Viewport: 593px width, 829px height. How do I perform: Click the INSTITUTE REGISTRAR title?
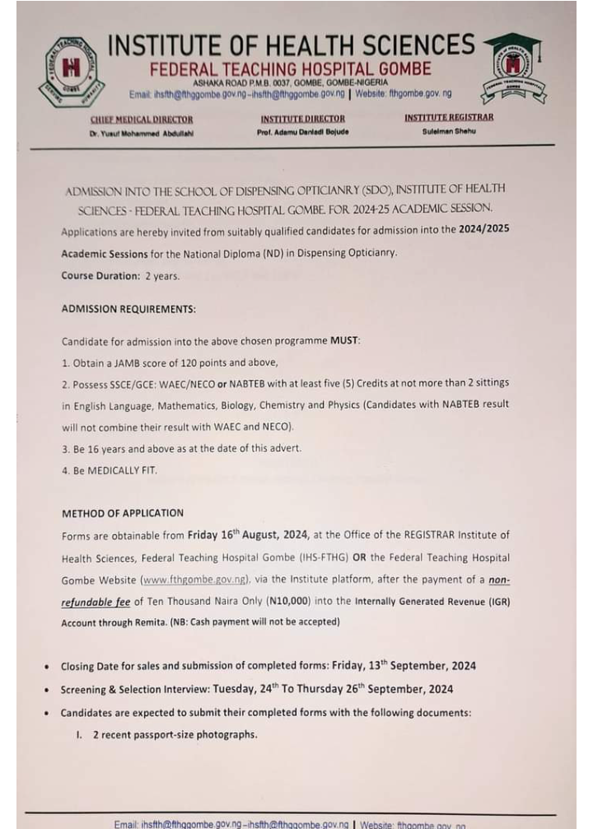coord(449,118)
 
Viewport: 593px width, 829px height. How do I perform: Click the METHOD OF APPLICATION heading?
coord(123,513)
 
